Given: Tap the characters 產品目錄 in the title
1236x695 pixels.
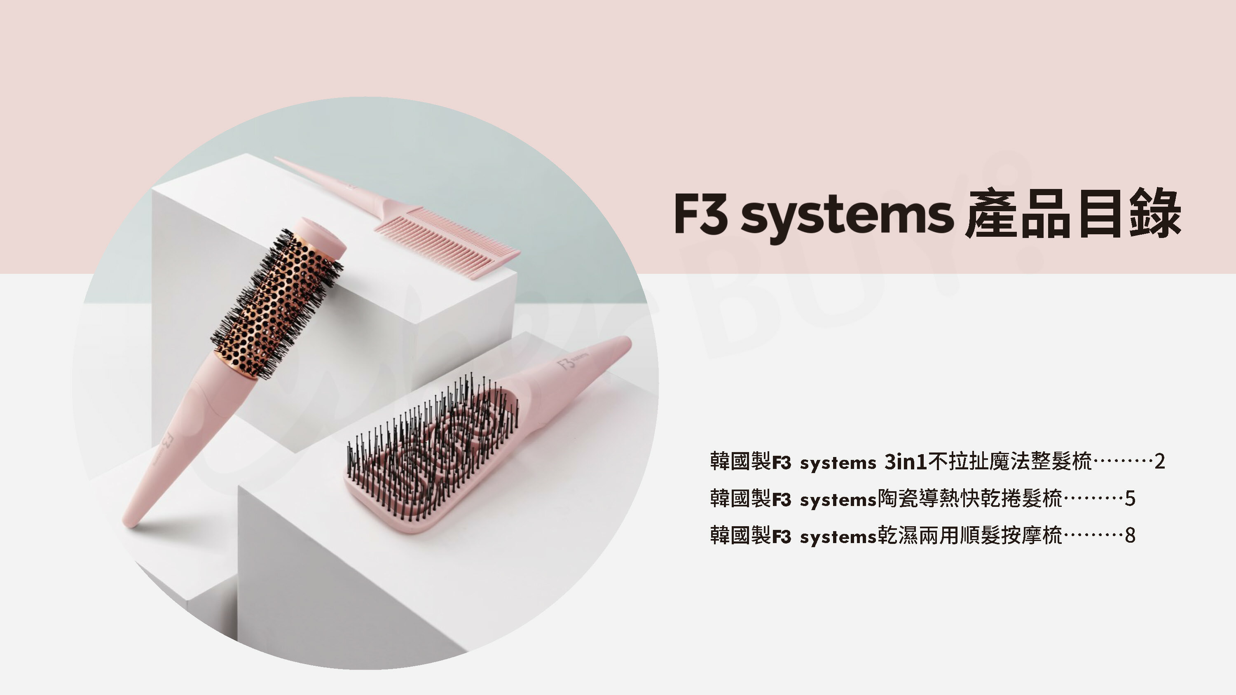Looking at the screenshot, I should click(1072, 215).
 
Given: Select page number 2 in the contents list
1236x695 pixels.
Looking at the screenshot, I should click(1160, 462).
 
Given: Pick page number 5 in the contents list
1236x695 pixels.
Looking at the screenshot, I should click(1130, 499).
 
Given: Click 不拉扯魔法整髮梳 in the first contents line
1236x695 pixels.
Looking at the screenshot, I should click(1010, 462).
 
